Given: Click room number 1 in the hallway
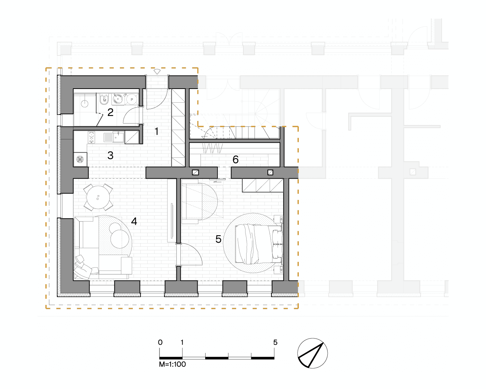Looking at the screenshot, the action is point(157,131).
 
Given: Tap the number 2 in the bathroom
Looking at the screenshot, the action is point(111,112).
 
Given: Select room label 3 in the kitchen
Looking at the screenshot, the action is point(111,155).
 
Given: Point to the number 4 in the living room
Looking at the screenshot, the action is point(134,221).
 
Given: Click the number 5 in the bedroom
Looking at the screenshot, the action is point(219,239).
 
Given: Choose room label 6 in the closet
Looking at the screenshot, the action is point(235,160).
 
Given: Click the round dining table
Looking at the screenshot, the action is point(98,197).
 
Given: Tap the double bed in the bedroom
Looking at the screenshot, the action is point(259,244).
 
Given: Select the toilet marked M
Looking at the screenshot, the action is point(104,99).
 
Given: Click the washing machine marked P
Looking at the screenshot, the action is point(132,99).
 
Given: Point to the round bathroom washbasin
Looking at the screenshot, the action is point(118,99).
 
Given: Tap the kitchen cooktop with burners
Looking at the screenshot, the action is point(91,137).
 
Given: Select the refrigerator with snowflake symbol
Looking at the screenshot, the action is point(80,159).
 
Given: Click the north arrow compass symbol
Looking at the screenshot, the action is point(312,353).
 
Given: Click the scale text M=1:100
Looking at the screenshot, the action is point(172,364).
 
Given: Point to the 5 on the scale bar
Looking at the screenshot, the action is point(275,342).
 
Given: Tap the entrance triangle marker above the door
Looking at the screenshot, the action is point(157,72).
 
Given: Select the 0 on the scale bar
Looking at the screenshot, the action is point(160,342).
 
